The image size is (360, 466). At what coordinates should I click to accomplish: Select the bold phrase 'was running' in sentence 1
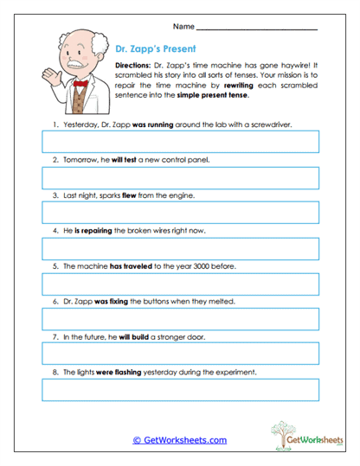point(130,124)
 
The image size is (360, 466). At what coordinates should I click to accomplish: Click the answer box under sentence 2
point(180,177)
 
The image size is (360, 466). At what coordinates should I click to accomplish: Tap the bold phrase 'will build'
point(129,336)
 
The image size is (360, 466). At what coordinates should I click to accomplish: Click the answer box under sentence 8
point(180,389)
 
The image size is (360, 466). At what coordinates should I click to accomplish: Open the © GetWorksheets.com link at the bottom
point(179,439)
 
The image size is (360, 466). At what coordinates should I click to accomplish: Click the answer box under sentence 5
point(180,284)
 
